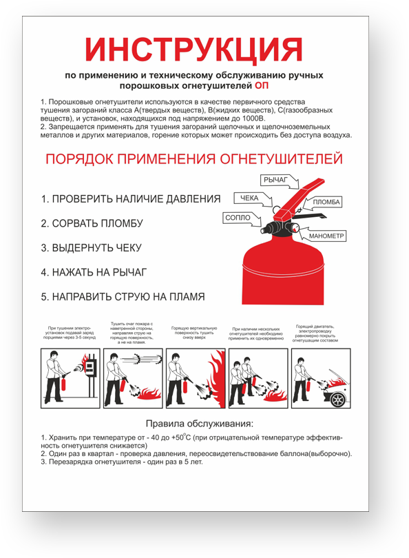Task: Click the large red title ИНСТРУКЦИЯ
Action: [193, 50]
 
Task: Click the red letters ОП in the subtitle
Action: [262, 86]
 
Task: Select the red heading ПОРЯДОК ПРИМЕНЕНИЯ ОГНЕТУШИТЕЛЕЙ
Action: [193, 160]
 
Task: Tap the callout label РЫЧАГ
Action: [275, 180]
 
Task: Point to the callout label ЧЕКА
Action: [249, 198]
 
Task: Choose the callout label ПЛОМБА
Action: [326, 203]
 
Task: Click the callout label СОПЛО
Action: [238, 218]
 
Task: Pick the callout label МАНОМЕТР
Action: [326, 236]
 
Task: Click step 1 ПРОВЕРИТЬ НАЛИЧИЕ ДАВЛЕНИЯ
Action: [130, 199]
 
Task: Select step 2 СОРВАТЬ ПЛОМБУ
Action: [91, 224]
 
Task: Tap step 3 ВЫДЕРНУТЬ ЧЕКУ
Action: [91, 248]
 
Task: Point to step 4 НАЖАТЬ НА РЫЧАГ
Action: [94, 273]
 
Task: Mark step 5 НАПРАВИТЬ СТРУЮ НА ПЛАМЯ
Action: [123, 298]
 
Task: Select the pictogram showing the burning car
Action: [321, 378]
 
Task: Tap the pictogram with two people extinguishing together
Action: [258, 378]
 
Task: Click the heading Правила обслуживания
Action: [199, 423]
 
